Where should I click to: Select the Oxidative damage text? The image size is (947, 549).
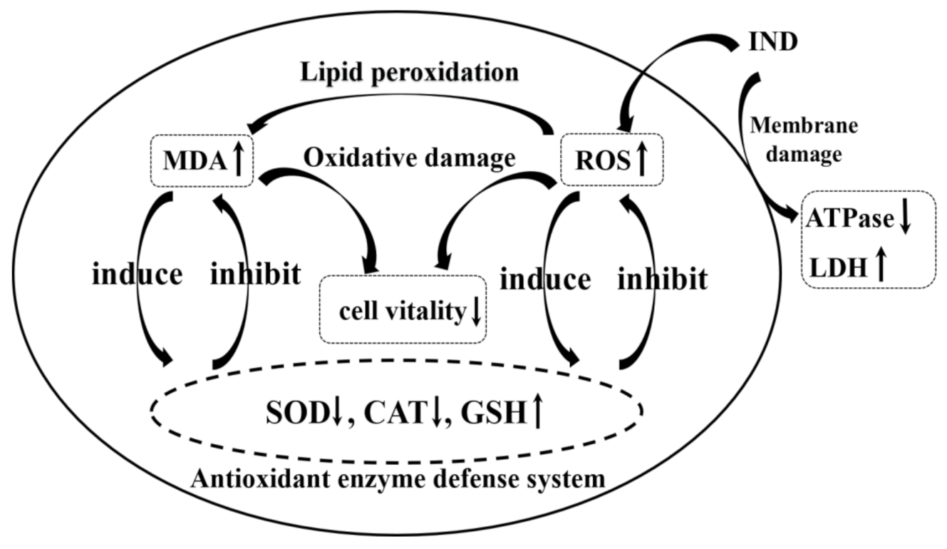pos(408,158)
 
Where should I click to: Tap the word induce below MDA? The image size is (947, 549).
pos(137,274)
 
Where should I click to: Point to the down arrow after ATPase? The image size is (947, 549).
pos(904,220)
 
